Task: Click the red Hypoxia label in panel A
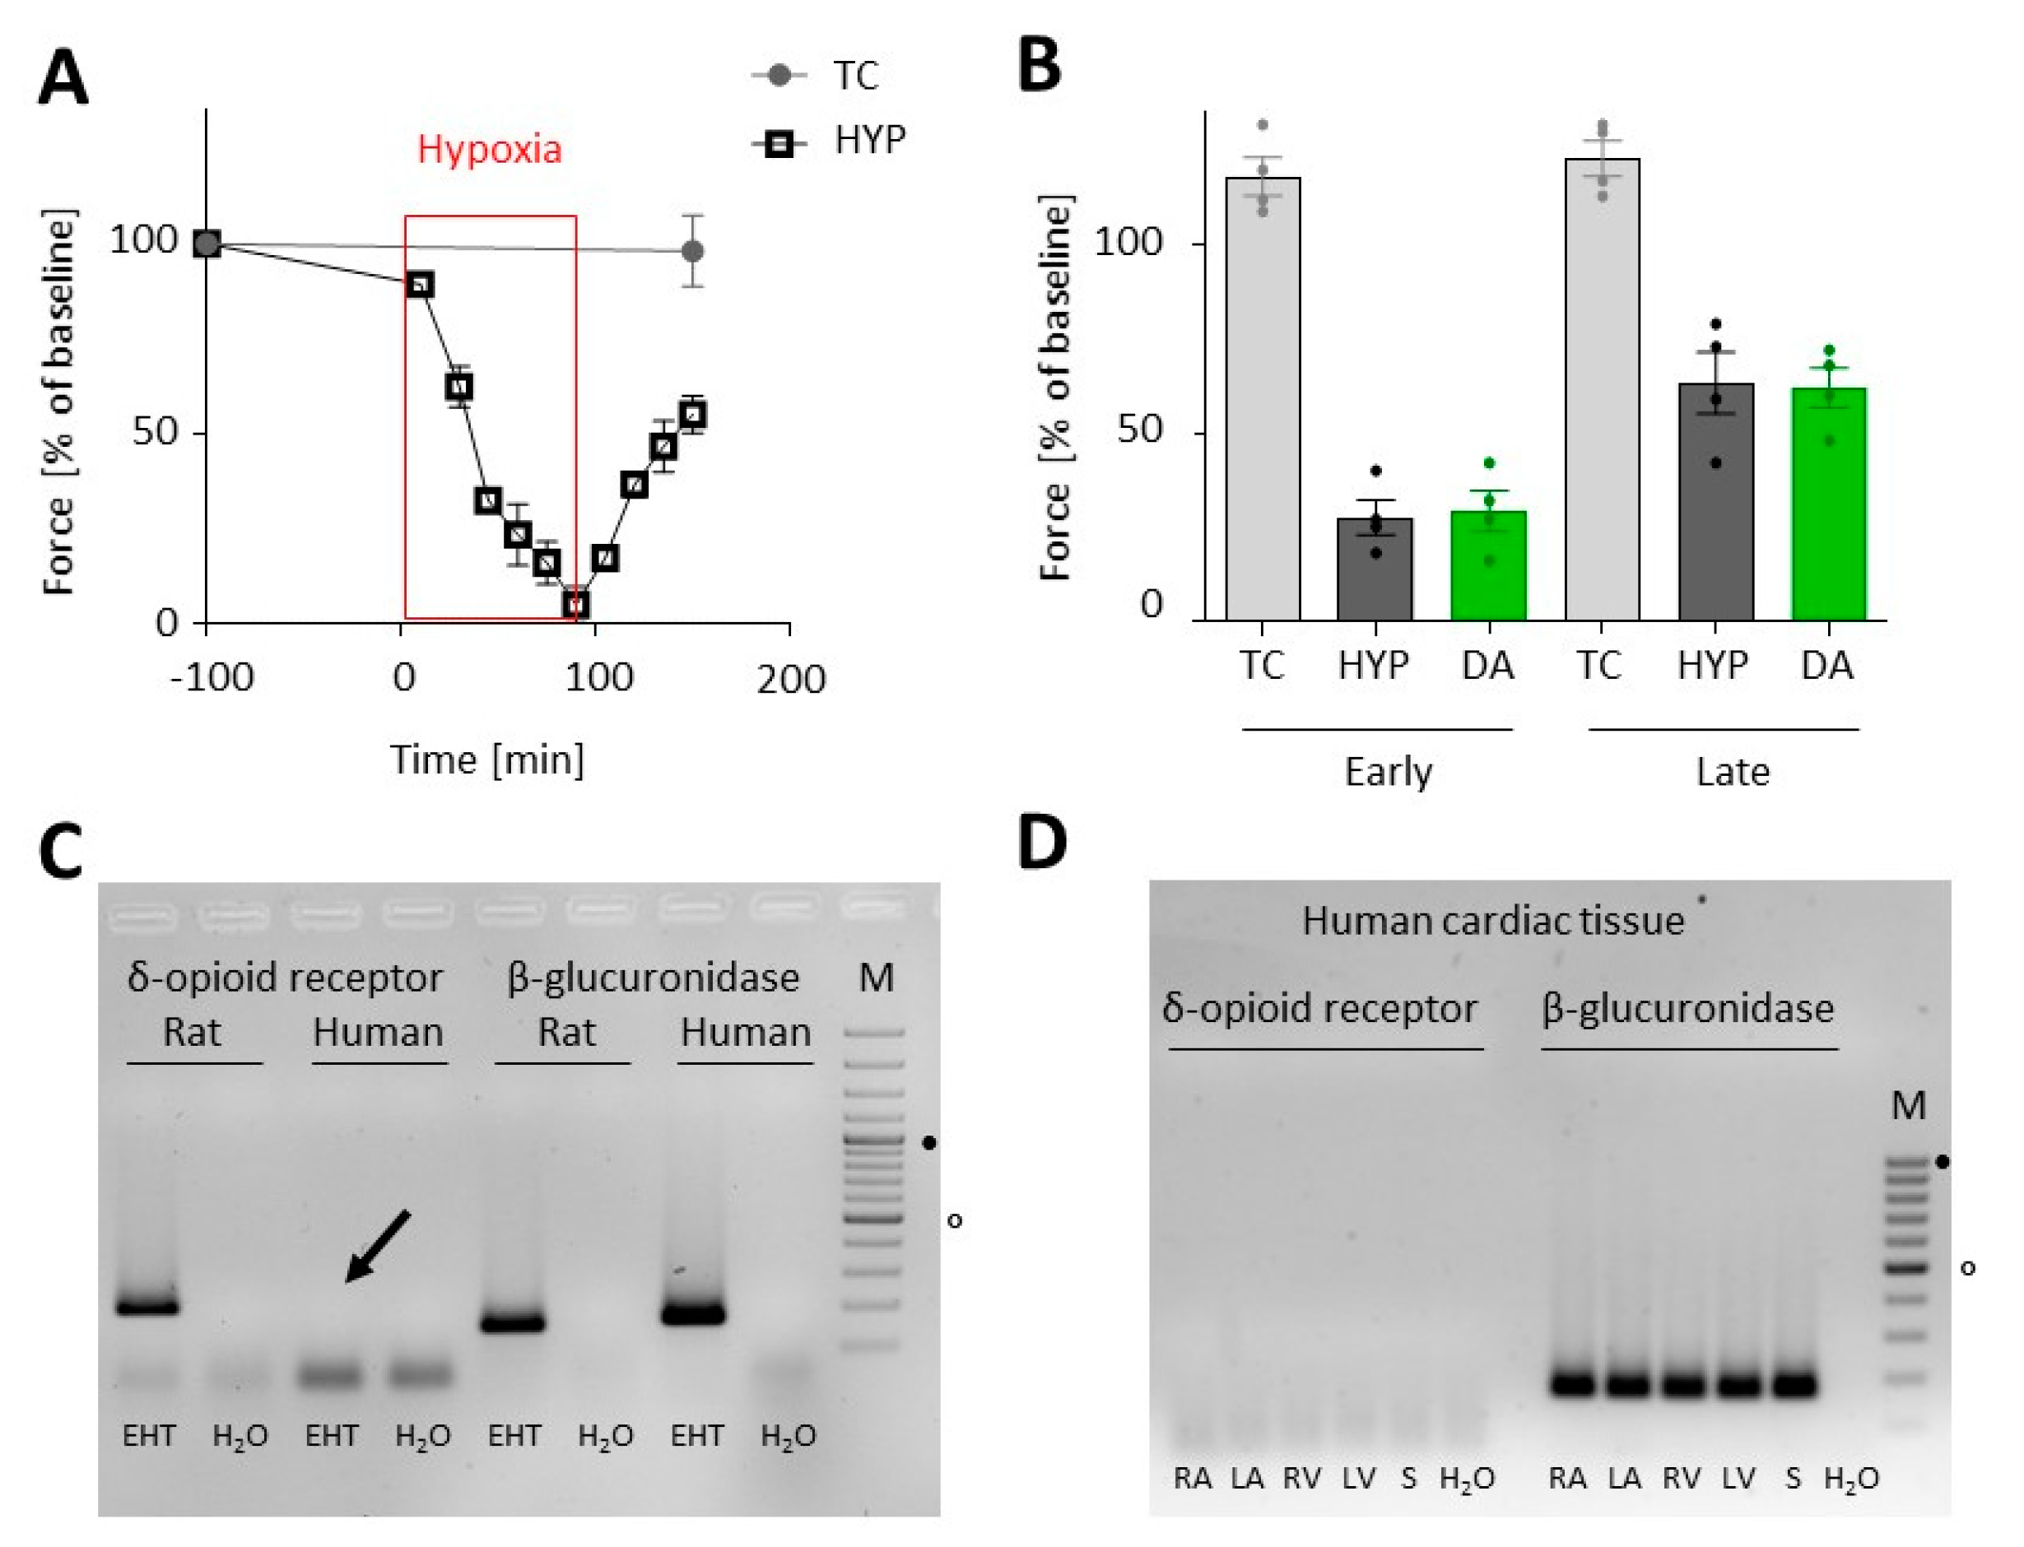click(489, 149)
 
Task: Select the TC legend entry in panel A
click(854, 76)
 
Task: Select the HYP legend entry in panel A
click(869, 141)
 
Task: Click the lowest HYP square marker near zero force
click(575, 605)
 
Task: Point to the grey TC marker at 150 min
click(693, 250)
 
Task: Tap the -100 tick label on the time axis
click(212, 679)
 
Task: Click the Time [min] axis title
click(487, 760)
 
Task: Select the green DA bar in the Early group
click(1488, 565)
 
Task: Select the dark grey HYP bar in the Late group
click(1715, 502)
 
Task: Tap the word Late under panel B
click(1732, 772)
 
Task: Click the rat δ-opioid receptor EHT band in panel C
click(148, 1307)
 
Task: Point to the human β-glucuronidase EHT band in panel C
click(693, 1314)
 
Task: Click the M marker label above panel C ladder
click(875, 977)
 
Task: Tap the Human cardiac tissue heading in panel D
click(1491, 921)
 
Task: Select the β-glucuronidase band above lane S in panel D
click(1794, 1384)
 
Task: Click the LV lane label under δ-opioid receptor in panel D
click(1358, 1479)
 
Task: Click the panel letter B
click(1040, 67)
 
